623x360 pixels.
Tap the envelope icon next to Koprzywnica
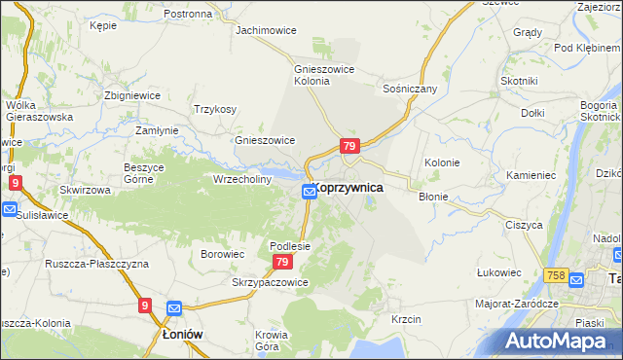308,193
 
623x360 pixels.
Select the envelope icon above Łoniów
174,309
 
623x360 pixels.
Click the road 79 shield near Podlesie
282,263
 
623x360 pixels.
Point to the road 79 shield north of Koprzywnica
350,146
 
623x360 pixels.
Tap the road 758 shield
557,277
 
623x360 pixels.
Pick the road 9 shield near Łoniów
145,306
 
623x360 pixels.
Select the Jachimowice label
265,30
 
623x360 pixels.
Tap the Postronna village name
188,15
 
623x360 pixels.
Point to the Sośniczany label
410,89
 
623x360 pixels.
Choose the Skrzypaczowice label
270,282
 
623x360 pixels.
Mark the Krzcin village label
406,319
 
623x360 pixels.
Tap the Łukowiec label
499,273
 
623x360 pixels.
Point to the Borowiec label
222,254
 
